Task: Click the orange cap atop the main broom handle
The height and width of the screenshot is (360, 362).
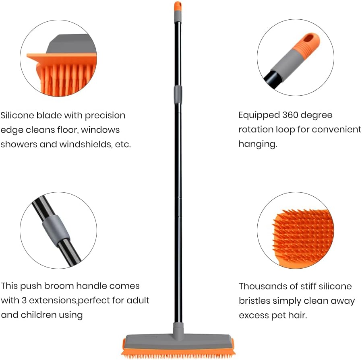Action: (178, 6)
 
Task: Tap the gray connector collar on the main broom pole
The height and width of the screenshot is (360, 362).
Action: (178, 94)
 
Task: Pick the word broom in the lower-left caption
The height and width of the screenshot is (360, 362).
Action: (62, 286)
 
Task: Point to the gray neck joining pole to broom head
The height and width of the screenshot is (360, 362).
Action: (178, 328)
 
